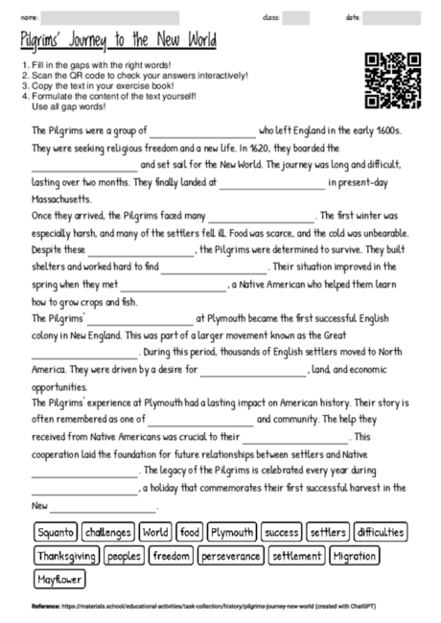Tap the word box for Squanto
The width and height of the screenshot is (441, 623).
click(55, 532)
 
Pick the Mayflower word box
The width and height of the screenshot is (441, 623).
click(59, 580)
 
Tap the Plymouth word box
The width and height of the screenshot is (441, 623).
click(231, 532)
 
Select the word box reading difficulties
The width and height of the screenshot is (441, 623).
click(380, 532)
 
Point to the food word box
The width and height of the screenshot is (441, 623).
click(189, 532)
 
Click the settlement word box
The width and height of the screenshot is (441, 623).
click(296, 556)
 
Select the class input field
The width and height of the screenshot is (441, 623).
click(296, 17)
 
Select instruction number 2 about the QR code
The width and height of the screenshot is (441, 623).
click(134, 75)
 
